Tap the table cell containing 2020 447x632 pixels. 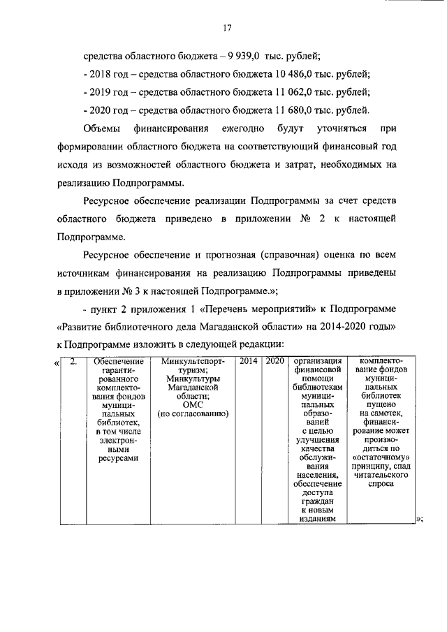(x=274, y=361)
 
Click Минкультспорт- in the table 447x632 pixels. (x=193, y=361)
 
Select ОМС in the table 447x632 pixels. (x=192, y=404)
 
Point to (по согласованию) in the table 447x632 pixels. (x=193, y=413)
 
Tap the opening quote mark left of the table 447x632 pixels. (x=56, y=362)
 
